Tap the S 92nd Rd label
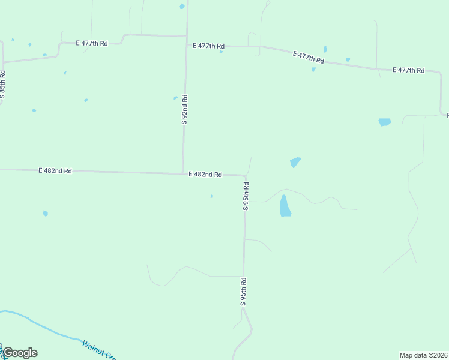185,109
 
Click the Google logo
20,353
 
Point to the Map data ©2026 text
423,355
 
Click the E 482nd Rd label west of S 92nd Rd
55,171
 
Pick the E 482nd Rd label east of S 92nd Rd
205,175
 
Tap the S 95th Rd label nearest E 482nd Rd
246,196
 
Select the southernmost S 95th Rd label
243,292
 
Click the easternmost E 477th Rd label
408,70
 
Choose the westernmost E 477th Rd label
92,43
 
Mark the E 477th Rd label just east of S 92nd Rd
208,46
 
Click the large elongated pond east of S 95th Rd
285,206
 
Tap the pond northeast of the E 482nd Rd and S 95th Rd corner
295,162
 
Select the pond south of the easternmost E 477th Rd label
384,122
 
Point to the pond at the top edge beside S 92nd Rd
182,7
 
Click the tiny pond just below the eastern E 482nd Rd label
211,196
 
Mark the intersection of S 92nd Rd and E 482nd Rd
183,174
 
